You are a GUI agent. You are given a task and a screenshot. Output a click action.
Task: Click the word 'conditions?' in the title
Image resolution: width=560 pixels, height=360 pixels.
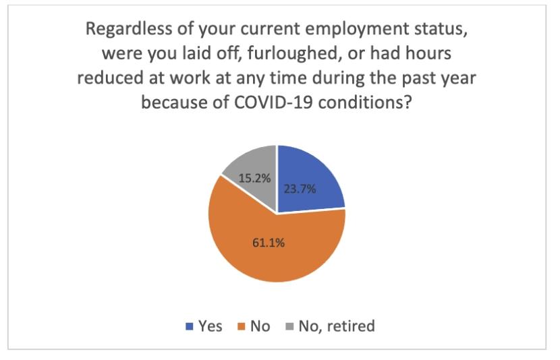pos(361,101)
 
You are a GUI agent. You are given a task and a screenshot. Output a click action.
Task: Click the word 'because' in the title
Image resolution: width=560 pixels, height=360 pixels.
pos(171,101)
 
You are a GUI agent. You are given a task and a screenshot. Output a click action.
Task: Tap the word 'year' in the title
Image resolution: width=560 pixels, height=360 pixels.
pos(457,78)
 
